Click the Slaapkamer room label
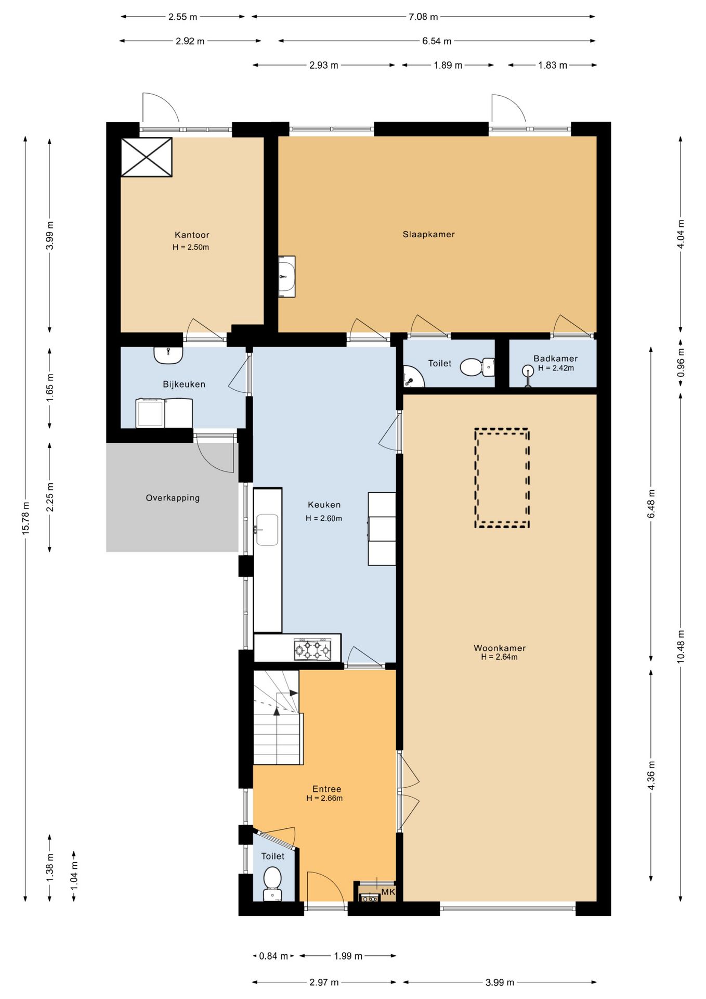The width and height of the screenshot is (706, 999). [428, 234]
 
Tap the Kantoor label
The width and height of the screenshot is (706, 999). [192, 235]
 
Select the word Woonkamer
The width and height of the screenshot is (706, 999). [500, 648]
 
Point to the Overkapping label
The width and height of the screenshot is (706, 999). [173, 498]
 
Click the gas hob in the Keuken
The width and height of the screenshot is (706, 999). [312, 649]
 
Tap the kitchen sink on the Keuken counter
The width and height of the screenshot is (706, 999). [267, 530]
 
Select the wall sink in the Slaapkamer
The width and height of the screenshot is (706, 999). [286, 276]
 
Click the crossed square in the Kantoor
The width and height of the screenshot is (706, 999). [146, 157]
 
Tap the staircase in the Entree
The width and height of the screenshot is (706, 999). [278, 717]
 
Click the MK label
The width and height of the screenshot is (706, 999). [388, 892]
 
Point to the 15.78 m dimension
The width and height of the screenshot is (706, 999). [25, 518]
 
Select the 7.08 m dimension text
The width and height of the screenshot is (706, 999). [423, 17]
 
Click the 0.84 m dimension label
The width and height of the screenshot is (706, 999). [273, 956]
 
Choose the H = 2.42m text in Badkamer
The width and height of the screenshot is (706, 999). [556, 368]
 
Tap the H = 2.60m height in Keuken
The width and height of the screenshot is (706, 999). [324, 518]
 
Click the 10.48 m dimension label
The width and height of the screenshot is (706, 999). [681, 647]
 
